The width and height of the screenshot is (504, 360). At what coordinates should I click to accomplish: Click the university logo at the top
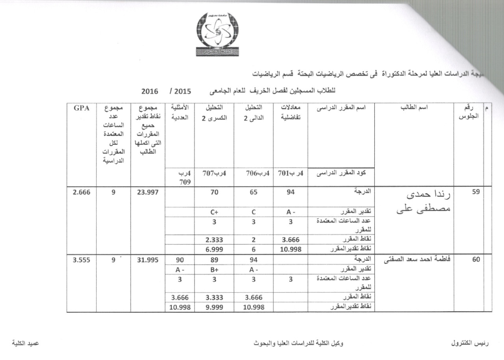[217, 35]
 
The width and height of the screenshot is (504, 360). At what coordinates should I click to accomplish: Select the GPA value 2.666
[81, 192]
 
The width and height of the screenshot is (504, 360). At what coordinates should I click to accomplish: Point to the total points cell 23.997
[147, 192]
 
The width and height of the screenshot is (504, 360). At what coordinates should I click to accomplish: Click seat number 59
[476, 192]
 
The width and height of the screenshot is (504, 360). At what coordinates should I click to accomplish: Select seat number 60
[476, 259]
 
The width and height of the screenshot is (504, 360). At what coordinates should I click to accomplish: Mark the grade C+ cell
[214, 212]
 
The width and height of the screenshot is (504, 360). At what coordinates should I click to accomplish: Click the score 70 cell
[214, 192]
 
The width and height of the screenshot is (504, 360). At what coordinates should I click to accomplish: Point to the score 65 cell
[254, 192]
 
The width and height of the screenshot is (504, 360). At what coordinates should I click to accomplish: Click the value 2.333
[214, 240]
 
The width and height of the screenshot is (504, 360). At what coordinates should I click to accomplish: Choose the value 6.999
[214, 249]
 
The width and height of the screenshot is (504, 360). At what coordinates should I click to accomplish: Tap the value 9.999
[214, 307]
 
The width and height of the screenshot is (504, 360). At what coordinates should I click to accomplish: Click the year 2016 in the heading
[150, 90]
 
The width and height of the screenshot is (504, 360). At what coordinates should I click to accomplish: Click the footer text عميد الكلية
[26, 343]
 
